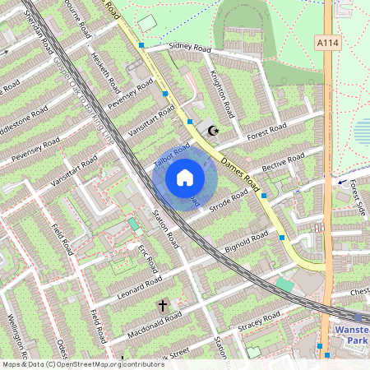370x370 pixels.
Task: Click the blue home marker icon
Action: [x=185, y=178]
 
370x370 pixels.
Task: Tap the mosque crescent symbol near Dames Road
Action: [x=214, y=130]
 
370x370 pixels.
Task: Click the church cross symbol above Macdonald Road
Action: [x=162, y=306]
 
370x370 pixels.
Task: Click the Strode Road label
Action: [x=229, y=201]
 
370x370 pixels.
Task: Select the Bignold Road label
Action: [x=246, y=243]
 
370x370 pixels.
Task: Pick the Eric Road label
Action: [x=147, y=259]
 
